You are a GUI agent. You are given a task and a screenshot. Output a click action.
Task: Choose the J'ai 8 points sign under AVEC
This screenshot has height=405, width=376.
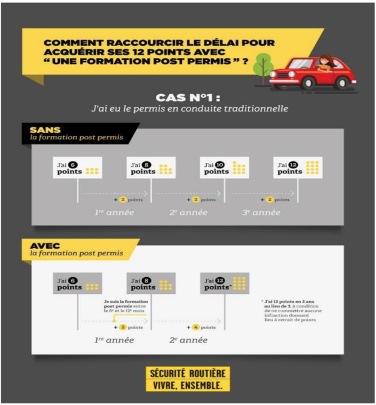point(150,284)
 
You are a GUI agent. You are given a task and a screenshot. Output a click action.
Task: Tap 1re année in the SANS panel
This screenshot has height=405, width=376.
point(113,212)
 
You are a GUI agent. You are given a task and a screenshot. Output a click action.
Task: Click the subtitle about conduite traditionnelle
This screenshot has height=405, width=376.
point(188,109)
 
